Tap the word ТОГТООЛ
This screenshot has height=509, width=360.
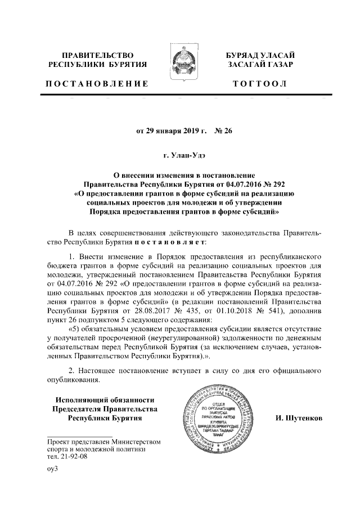[x=259, y=84]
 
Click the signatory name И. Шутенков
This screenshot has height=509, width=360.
[x=298, y=419]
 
